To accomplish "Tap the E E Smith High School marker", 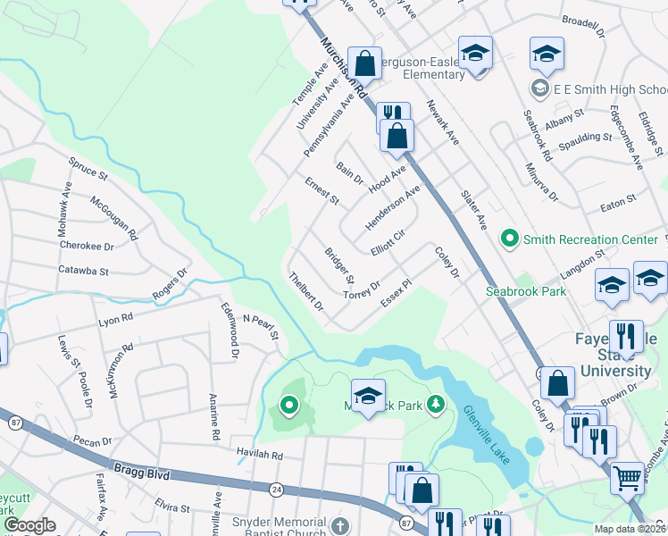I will (539, 89).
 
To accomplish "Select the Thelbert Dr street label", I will (305, 291).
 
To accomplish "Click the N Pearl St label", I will (261, 327).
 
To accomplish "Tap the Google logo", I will (29, 524).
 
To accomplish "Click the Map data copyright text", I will (630, 529).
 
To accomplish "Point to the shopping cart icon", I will (628, 478).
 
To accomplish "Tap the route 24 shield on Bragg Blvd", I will (277, 490).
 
